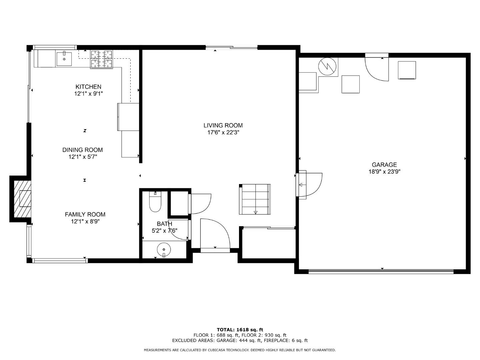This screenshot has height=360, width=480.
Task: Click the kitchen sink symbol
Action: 64,59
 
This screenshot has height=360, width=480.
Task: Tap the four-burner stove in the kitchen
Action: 102,59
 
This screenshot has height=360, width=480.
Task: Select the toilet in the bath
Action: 155,202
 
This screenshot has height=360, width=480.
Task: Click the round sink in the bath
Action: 164,249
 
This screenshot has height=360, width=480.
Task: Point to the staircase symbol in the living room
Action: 255,199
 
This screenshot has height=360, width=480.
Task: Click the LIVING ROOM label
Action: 223,125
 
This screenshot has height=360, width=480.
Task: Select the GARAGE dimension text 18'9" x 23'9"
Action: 384,172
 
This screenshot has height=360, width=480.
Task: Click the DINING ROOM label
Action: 82,150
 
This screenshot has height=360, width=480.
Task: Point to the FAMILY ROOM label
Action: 85,214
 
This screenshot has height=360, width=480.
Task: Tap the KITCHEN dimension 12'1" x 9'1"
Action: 88,94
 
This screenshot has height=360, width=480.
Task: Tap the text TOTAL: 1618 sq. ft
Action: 240,330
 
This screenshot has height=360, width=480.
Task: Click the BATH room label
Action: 164,224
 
